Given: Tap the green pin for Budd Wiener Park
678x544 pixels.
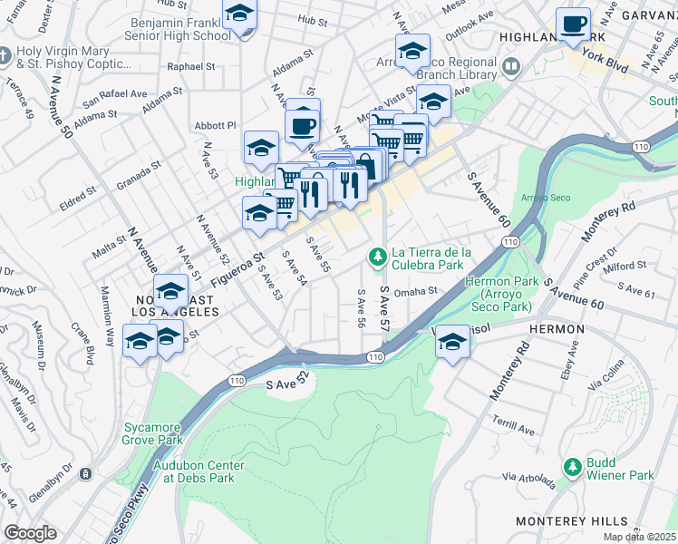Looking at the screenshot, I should click(572, 467).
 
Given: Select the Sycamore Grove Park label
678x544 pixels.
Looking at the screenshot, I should click(152, 432).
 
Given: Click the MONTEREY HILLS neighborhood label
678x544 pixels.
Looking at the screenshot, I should click(571, 521).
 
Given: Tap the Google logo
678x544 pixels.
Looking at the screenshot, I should click(30, 533).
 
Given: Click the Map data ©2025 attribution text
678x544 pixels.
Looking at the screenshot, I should click(640, 537).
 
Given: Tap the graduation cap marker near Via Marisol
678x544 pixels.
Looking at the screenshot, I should click(452, 342).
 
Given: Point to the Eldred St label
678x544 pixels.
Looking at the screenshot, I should click(78, 192).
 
